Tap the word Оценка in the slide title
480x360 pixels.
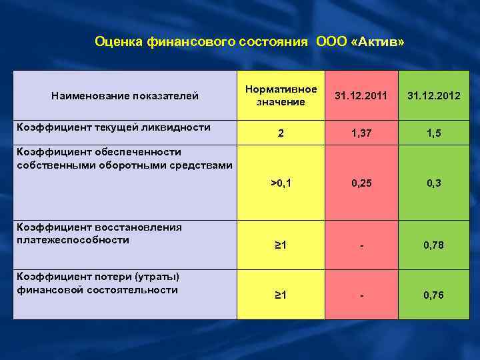coord(118,42)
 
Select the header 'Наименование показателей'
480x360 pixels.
coord(125,96)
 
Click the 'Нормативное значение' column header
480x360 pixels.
coord(281,95)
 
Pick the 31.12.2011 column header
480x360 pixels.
coord(361,96)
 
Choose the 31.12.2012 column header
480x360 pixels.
coord(434,96)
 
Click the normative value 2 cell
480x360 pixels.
coord(281,133)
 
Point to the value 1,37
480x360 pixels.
coord(361,133)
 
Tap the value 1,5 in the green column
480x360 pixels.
coord(434,133)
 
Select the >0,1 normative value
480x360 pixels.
coord(281,182)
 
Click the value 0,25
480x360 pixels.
coord(361,182)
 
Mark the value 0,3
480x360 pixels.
coord(434,182)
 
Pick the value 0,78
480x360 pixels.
coord(434,245)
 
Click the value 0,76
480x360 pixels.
coord(434,295)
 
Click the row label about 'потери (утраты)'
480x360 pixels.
coord(97,283)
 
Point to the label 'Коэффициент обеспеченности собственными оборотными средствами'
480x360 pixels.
coord(124,158)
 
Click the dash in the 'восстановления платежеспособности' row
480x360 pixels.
coord(361,246)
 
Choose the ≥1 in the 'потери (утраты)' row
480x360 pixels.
coord(281,295)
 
